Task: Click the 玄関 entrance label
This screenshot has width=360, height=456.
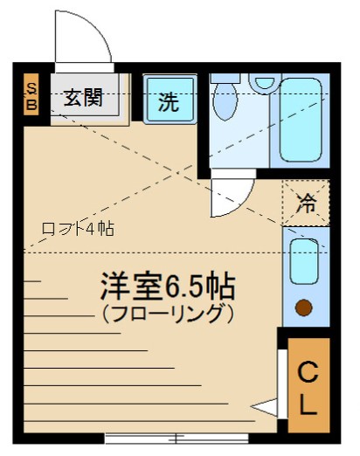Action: point(83,97)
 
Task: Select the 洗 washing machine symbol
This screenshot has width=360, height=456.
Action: point(170,100)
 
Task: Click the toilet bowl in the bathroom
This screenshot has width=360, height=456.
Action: point(225,100)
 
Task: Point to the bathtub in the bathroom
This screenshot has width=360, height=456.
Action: point(301,120)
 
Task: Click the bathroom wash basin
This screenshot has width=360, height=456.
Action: point(265,82)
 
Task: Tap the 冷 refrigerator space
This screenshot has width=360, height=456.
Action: point(306,203)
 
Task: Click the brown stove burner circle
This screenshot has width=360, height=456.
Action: point(304,307)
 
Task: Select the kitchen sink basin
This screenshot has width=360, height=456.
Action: point(304,261)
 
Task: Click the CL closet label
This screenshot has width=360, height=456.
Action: point(308,388)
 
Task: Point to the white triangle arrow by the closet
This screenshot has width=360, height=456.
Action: point(264,407)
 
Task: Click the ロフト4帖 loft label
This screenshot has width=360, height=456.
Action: point(78,229)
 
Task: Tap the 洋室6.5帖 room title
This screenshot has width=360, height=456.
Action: point(168,286)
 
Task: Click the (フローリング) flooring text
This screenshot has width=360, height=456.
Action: point(168,314)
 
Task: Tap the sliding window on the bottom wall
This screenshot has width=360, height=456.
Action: point(177,439)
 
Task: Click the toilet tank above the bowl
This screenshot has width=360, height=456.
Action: point(225,78)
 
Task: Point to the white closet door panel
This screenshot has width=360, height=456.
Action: point(282,383)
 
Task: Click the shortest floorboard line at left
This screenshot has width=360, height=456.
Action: point(32,281)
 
